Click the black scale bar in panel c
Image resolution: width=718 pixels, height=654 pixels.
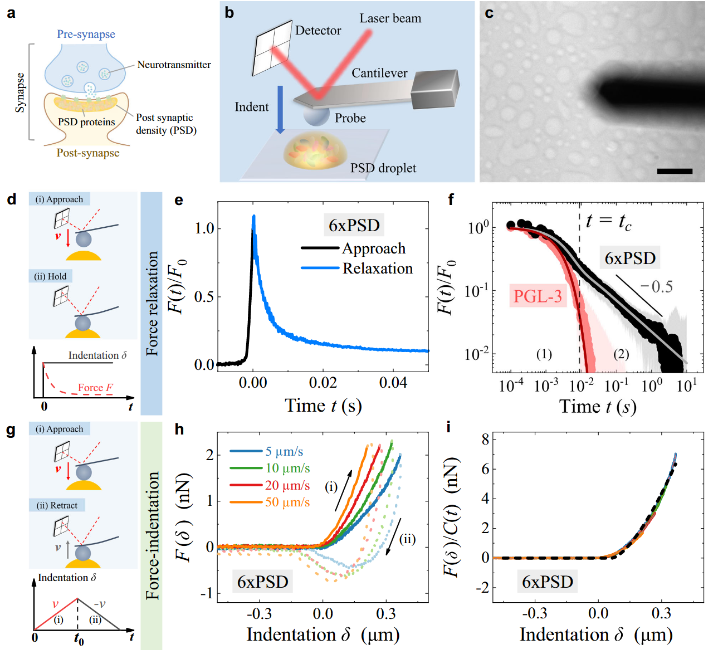point(674,171)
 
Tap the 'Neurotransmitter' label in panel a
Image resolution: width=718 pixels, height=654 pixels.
point(174,65)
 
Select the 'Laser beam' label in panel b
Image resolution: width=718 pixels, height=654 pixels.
point(390,18)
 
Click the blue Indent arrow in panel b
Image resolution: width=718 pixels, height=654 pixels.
point(280,109)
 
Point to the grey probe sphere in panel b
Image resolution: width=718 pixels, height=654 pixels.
point(316,115)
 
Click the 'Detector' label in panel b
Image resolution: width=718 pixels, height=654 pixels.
point(318,31)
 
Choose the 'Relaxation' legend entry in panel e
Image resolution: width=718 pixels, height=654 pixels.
point(377,269)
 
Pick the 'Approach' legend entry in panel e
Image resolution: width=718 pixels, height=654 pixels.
point(373,248)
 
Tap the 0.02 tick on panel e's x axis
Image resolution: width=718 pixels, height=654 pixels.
point(323,383)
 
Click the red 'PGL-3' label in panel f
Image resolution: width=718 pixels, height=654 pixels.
point(537,296)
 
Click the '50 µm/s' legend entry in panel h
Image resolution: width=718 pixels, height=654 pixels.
point(287,502)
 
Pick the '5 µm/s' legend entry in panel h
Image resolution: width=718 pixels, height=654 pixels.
point(284,451)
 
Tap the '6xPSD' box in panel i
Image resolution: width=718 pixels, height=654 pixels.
point(547,582)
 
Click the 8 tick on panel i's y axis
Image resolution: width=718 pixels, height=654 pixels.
point(485,440)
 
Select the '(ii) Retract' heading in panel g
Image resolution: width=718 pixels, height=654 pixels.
point(57,505)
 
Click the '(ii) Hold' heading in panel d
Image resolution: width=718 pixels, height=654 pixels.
point(50,276)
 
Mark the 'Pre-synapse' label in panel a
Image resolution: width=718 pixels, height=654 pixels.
point(86,34)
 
